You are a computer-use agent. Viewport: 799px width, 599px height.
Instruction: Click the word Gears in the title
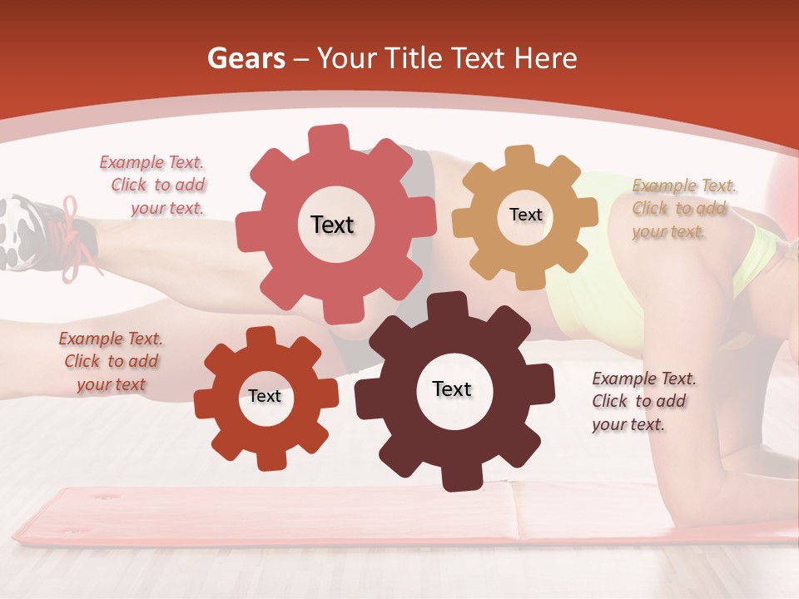click(246, 58)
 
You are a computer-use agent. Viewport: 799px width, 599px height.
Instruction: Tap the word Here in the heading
click(545, 58)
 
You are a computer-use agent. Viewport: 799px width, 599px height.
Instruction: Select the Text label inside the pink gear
click(332, 225)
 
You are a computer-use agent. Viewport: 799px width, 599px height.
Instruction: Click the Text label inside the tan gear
click(525, 215)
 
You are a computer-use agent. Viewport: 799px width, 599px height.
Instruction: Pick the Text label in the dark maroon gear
click(452, 389)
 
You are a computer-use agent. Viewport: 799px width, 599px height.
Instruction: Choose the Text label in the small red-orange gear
click(265, 396)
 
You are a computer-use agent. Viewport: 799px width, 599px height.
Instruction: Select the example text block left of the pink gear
click(155, 186)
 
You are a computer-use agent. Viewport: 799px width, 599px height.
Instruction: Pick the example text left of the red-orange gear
click(111, 361)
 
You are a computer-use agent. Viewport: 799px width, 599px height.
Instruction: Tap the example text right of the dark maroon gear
click(643, 401)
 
